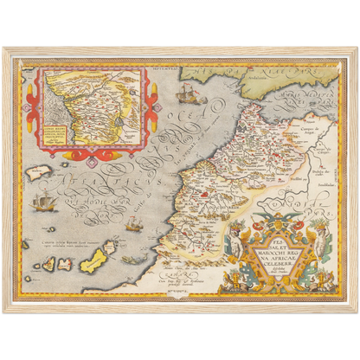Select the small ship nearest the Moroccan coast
coord(132,224)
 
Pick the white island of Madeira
coord(35,172)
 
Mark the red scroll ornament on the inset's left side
coord(33,100)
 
